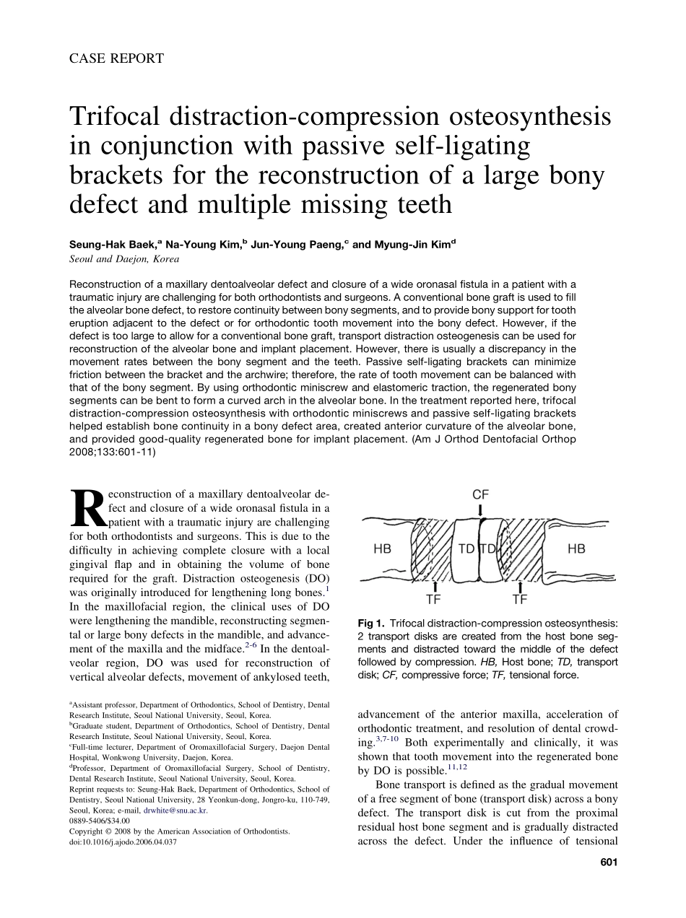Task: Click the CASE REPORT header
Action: pos(116,58)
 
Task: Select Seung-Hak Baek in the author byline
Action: pos(113,245)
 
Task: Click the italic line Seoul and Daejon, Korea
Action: pos(124,259)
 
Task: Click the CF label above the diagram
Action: pos(480,494)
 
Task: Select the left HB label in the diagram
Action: pos(382,549)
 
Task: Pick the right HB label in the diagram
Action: pos(576,549)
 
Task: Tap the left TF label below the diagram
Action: pos(433,599)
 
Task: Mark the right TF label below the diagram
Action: pos(519,599)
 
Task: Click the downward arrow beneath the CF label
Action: pos(481,510)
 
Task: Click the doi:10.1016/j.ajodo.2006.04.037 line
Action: pos(123,841)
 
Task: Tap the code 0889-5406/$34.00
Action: pos(100,821)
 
